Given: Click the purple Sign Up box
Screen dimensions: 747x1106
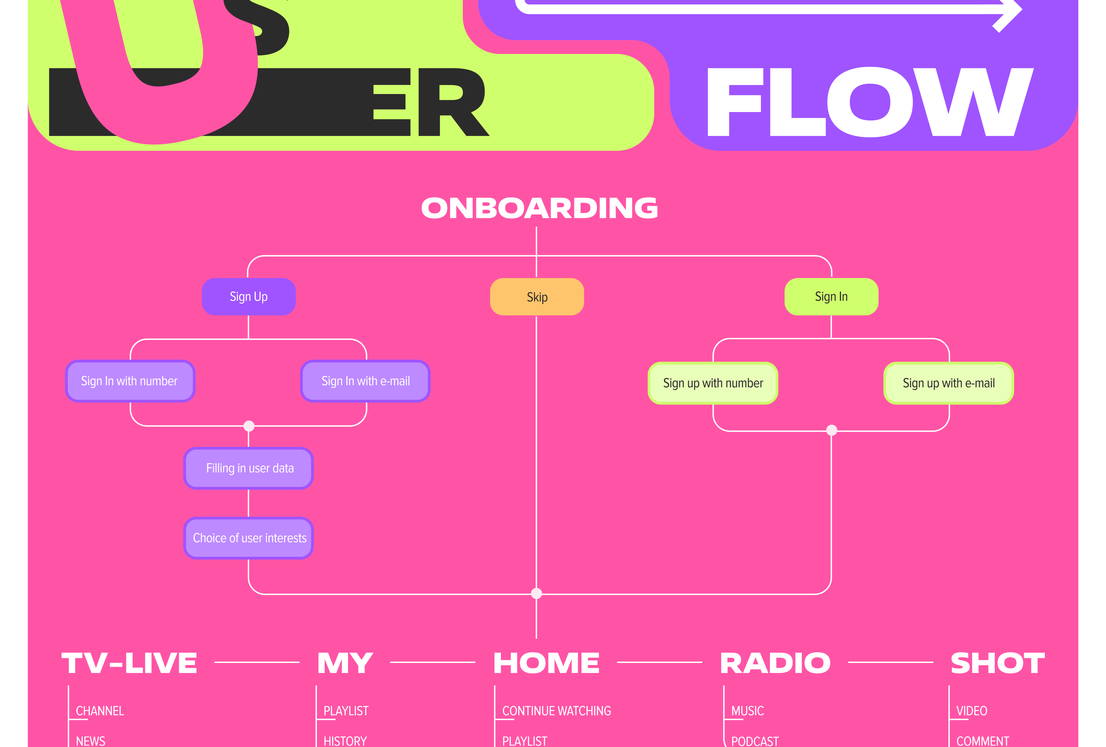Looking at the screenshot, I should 249,297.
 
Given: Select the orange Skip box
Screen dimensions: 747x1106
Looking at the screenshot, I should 537,297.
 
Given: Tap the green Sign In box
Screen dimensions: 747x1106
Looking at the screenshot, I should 831,297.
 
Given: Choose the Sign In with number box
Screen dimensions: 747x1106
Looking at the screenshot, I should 130,381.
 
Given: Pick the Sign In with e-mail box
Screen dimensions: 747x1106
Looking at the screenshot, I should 365,381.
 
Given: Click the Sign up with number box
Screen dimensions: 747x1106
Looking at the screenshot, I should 712,383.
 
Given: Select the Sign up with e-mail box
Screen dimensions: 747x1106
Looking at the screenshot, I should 948,383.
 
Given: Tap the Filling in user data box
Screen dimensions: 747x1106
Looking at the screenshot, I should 249,468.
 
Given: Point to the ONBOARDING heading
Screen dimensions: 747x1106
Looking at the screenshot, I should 539,208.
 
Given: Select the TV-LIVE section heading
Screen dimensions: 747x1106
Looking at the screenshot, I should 130,663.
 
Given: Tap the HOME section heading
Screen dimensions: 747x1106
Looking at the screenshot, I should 546,663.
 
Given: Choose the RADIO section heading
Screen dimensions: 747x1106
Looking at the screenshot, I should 775,663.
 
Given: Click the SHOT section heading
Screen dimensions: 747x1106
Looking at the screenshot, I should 997,663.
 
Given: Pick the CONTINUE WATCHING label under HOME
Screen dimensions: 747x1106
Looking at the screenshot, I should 556,711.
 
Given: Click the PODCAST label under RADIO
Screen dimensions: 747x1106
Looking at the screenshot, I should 755,741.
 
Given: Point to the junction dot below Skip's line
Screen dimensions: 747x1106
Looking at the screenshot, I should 536,593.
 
